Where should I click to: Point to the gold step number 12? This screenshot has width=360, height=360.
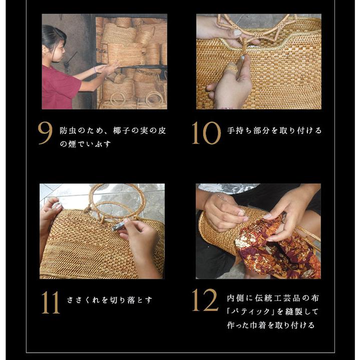pos(205,300)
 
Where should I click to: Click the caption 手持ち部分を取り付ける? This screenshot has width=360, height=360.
pos(274,131)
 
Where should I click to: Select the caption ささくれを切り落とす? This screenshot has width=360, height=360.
pos(110,300)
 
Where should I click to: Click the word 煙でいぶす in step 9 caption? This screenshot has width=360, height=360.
pos(95,144)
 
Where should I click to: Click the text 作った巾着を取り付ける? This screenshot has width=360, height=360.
pos(270,325)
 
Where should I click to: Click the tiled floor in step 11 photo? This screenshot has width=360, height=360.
pos(150,193)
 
